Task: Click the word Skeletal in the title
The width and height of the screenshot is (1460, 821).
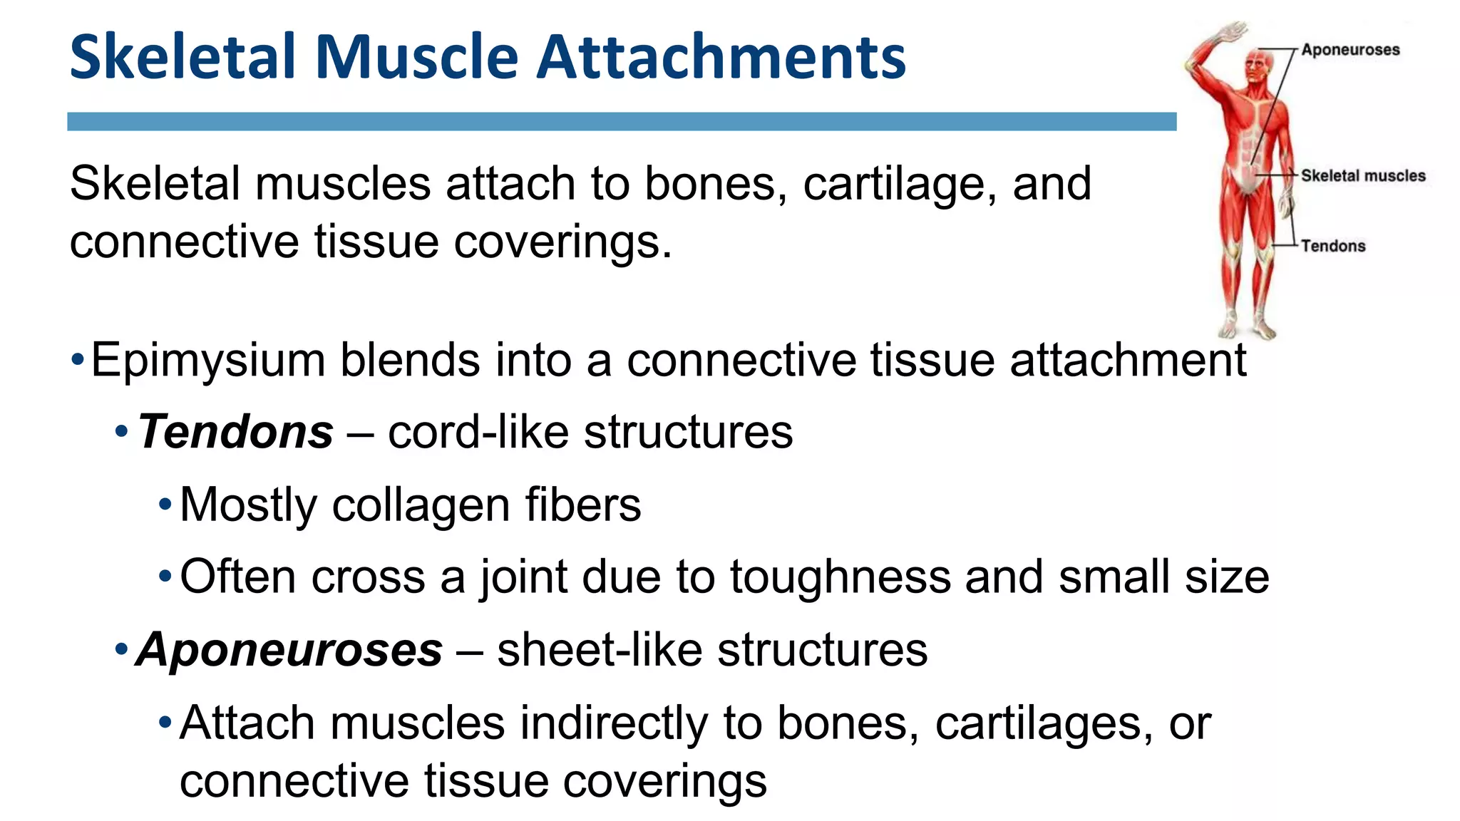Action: [x=182, y=57]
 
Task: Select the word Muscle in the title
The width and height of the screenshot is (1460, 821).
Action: [x=417, y=57]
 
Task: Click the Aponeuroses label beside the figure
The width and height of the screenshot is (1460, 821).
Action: [x=1350, y=50]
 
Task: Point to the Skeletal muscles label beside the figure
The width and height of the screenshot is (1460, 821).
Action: [x=1363, y=176]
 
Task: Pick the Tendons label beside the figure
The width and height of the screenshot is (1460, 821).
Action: [x=1333, y=246]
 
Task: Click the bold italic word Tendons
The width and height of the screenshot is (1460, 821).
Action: [x=235, y=432]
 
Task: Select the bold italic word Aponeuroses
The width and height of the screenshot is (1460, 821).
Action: [x=289, y=650]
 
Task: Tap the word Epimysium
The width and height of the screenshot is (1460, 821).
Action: [x=207, y=361]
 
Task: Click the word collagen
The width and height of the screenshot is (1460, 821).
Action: [x=421, y=505]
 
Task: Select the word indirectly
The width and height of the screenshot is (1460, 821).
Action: [x=614, y=724]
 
